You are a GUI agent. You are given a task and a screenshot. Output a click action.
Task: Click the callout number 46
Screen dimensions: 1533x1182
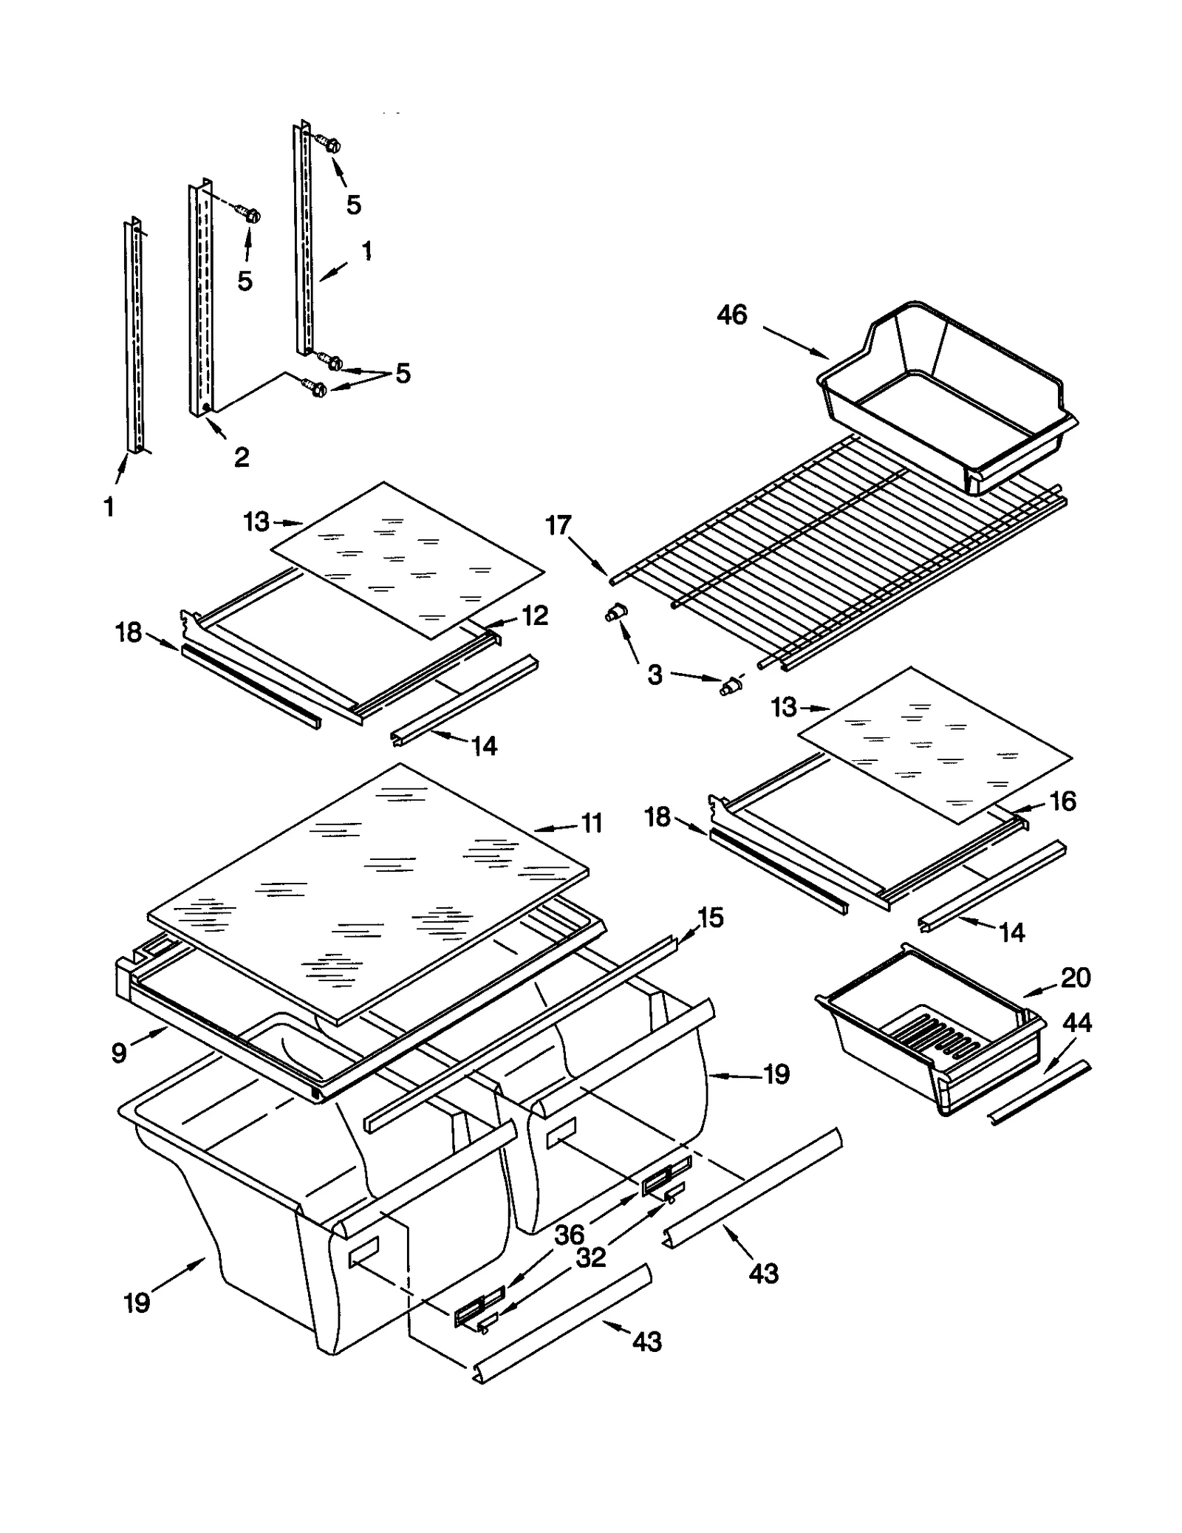point(731,315)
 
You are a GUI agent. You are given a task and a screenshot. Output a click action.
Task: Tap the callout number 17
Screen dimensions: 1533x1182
point(558,525)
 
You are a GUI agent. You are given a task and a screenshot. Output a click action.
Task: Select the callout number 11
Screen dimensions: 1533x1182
point(592,823)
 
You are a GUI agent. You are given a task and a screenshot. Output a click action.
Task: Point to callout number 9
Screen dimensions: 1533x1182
point(119,1052)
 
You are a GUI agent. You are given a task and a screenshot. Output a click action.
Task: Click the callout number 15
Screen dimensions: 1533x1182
point(710,918)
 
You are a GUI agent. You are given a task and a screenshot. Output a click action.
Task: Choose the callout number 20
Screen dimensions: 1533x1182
point(1076,977)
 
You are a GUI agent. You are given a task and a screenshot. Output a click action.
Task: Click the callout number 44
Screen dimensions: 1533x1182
point(1076,1023)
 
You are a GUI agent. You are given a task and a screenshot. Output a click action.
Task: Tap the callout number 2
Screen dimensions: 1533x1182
point(241,457)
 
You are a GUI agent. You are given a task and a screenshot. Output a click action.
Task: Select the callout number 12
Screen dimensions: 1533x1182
point(535,615)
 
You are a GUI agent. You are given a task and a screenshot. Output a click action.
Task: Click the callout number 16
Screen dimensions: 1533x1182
point(1062,801)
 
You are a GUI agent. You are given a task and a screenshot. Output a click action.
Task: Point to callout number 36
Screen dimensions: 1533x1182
point(569,1234)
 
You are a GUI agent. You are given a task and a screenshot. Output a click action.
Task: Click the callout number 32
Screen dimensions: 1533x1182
point(591,1257)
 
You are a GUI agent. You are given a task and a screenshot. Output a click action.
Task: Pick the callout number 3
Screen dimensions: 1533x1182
point(655,675)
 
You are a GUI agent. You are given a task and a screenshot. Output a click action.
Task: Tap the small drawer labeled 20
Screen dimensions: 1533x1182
point(931,1034)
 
